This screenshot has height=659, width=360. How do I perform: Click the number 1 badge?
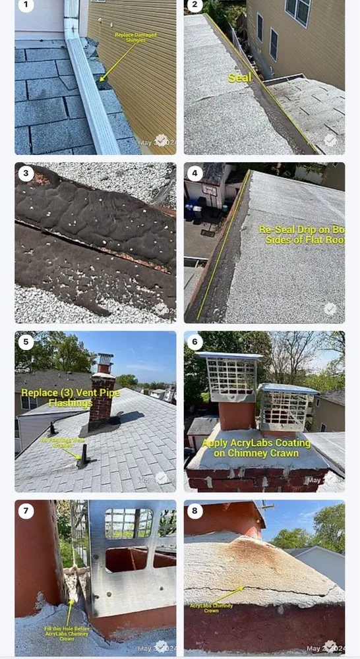(x=26, y=6)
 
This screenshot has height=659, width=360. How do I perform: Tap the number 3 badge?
(x=26, y=173)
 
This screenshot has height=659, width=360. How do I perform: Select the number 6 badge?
(x=195, y=341)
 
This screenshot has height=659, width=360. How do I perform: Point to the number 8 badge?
(x=195, y=510)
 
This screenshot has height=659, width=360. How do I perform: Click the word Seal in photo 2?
(x=239, y=78)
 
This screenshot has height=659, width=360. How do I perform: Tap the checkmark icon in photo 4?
(x=330, y=308)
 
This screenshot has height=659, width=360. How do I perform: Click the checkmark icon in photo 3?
(x=161, y=308)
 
